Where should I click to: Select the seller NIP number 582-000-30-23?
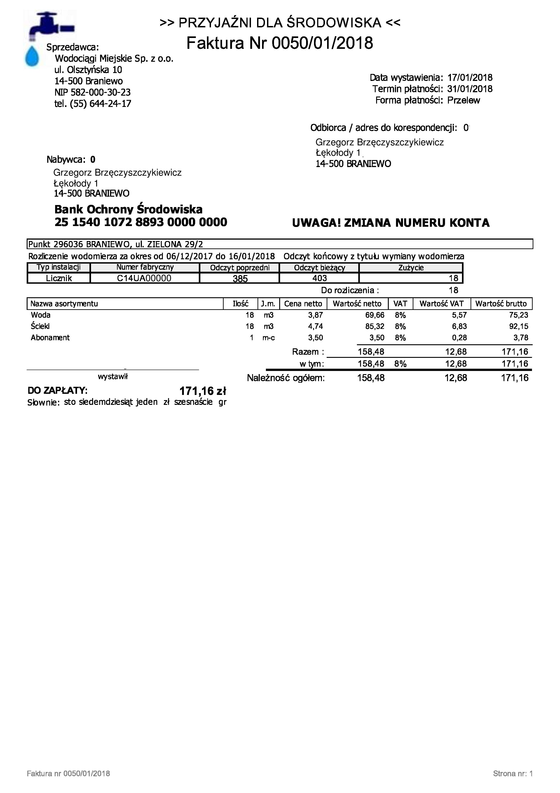(x=92, y=92)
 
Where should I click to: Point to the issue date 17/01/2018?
(x=470, y=78)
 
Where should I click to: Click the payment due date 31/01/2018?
(x=470, y=89)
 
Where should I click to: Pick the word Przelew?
(x=463, y=101)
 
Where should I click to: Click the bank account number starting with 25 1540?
(x=141, y=222)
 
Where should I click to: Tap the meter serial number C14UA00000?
(x=144, y=278)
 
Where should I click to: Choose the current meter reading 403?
(x=319, y=278)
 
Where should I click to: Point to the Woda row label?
(x=41, y=315)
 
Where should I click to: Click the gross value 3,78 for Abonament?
(x=521, y=338)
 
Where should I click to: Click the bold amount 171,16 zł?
(x=203, y=391)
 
